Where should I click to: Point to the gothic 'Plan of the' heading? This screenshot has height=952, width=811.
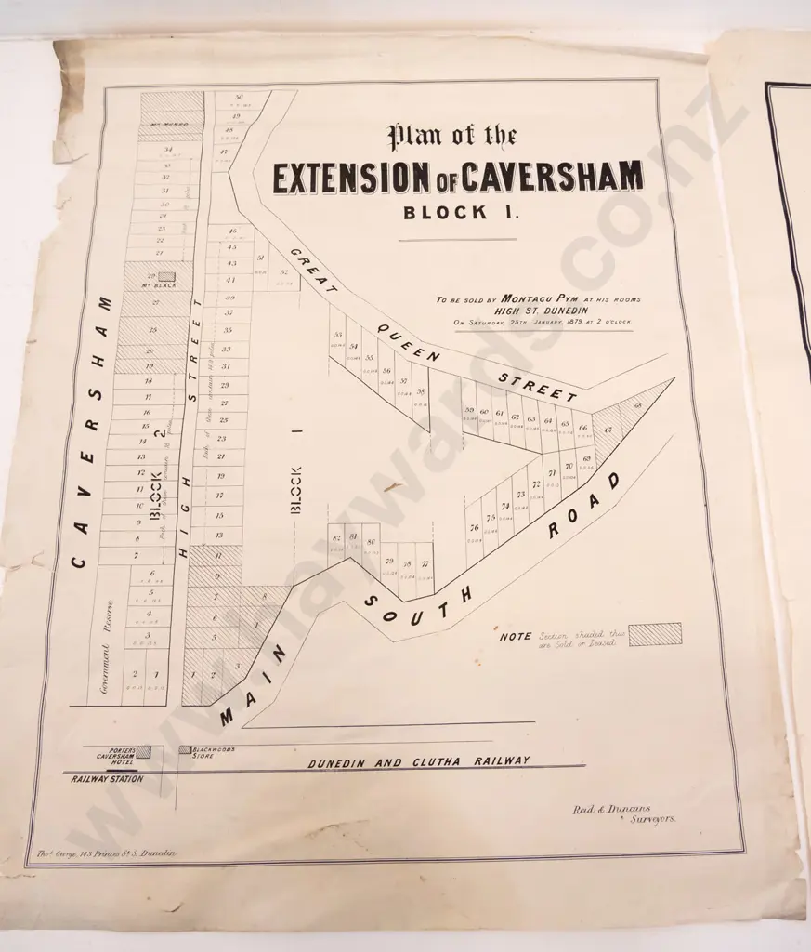pyautogui.click(x=452, y=138)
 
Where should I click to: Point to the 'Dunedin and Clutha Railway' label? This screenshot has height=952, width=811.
pyautogui.click(x=419, y=761)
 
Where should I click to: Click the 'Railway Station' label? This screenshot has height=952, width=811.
pyautogui.click(x=107, y=779)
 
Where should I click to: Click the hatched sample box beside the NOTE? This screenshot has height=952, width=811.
pyautogui.click(x=654, y=634)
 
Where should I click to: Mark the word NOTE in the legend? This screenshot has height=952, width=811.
pyautogui.click(x=516, y=637)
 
